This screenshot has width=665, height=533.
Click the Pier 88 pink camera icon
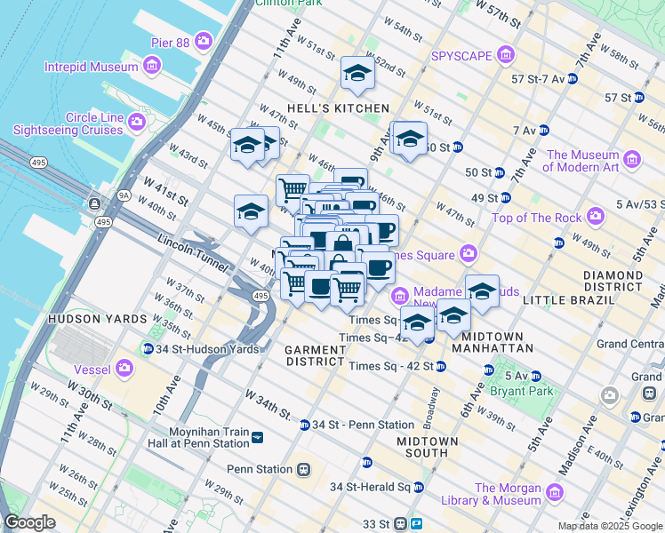pyautogui.click(x=205, y=41)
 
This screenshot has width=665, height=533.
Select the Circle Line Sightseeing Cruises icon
pyautogui.click(x=137, y=120)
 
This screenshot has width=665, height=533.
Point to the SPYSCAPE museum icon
pyautogui.click(x=505, y=56)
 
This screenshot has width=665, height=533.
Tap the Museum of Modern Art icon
pyautogui.click(x=632, y=160)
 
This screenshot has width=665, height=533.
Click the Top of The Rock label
pyautogui.click(x=536, y=218)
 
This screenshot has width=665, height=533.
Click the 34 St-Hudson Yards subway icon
pyautogui.click(x=148, y=347)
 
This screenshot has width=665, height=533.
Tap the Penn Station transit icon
pyautogui.click(x=304, y=469)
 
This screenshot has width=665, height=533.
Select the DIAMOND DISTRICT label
pyautogui.click(x=613, y=281)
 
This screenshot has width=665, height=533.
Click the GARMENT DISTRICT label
pyautogui.click(x=314, y=355)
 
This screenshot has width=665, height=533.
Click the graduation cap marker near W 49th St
pyautogui.click(x=357, y=75)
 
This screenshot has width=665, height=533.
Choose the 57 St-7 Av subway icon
pyautogui.click(x=573, y=79)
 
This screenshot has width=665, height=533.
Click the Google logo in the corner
pyautogui.click(x=30, y=522)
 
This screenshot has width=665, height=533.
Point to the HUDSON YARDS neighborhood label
pyautogui.click(x=97, y=318)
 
